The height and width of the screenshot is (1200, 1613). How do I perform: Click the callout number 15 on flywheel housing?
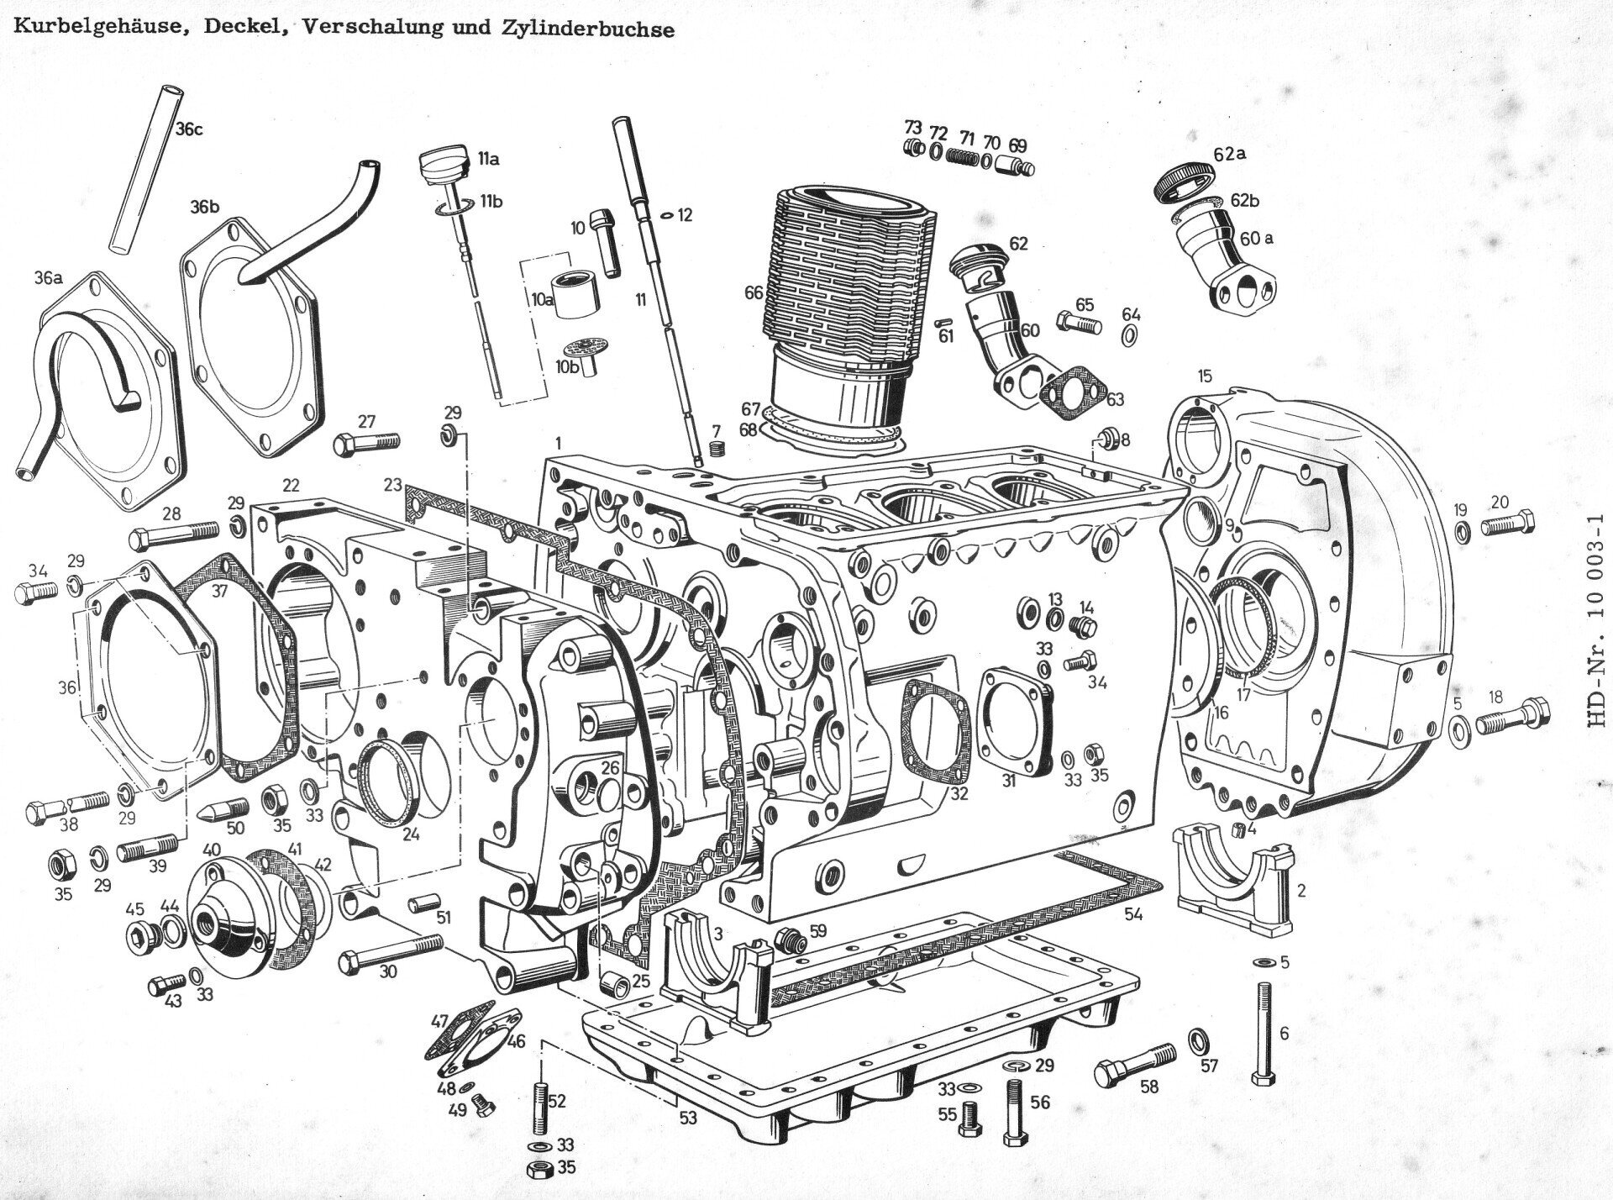[x=1205, y=376]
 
